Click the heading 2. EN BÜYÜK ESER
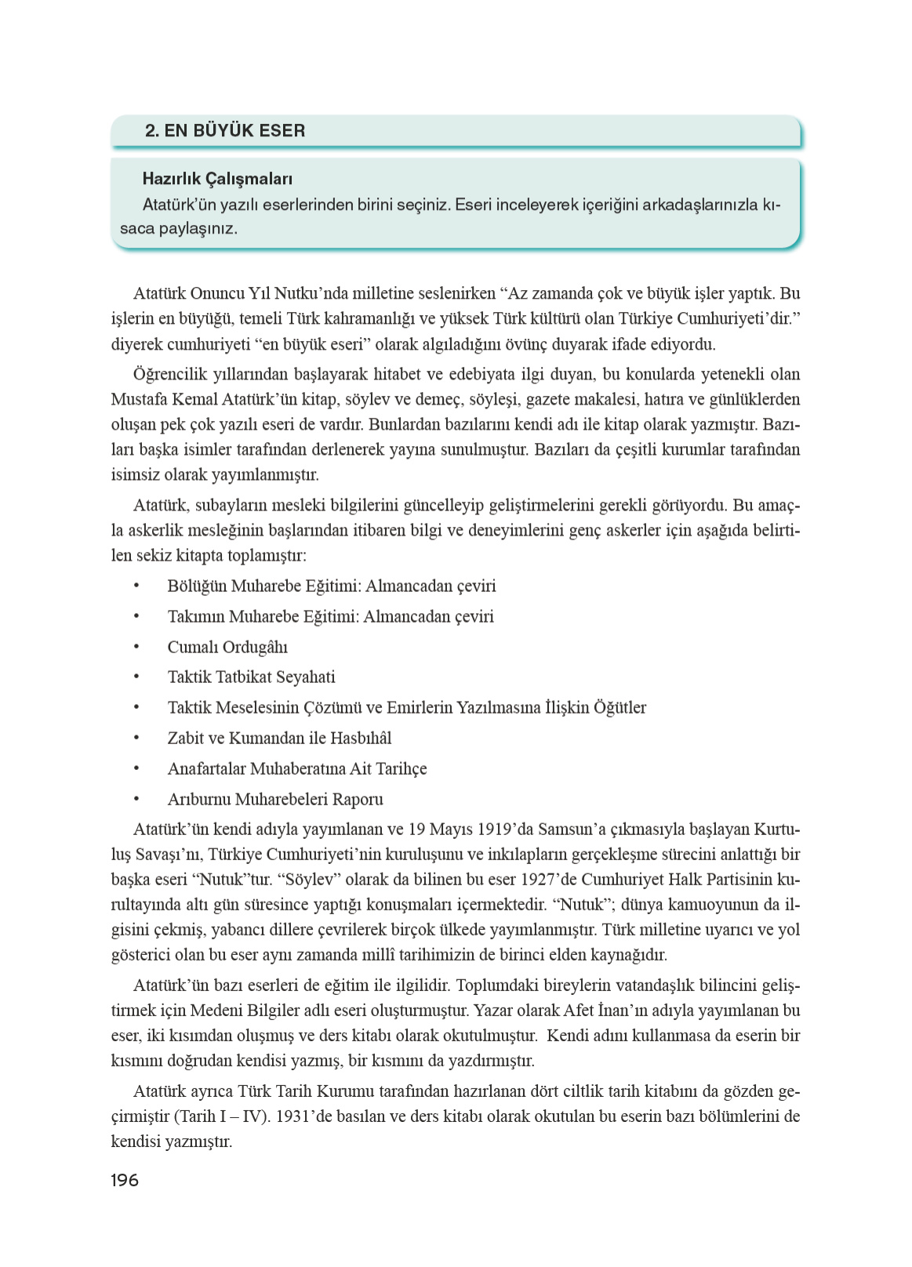point(225,131)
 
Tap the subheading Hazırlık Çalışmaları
point(217,180)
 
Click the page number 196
point(125,1180)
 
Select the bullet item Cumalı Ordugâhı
point(227,648)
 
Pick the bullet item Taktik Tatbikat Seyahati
point(251,677)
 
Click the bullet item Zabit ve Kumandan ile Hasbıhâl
point(279,739)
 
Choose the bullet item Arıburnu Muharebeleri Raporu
point(275,800)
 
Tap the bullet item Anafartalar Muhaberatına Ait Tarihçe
point(297,769)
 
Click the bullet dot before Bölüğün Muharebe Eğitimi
point(136,586)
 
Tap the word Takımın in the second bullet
point(196,617)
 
